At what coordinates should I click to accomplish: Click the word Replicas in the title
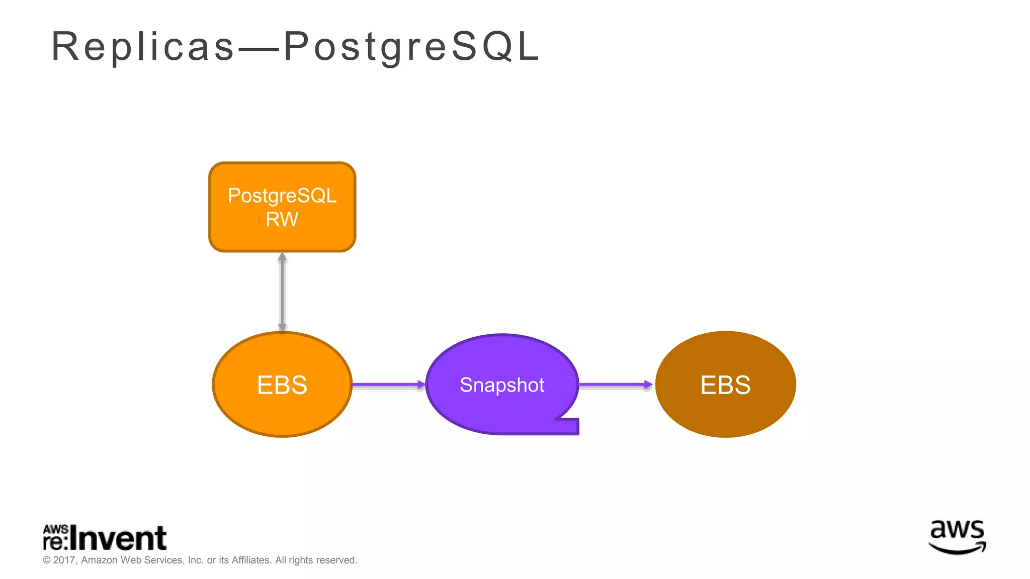143,47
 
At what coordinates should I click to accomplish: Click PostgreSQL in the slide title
411,47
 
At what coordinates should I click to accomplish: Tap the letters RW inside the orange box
282,220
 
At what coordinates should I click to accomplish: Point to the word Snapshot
502,385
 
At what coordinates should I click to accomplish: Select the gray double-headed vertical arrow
282,292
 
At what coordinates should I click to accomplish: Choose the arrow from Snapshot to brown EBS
616,384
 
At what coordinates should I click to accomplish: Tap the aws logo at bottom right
957,537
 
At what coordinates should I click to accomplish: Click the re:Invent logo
105,538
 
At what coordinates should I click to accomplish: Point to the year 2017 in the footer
64,560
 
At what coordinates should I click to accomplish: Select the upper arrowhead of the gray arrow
282,257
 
